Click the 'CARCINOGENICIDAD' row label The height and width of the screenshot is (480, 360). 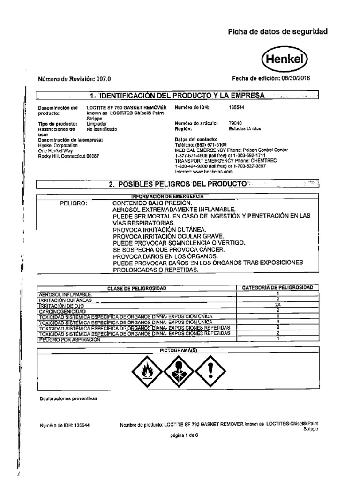62,311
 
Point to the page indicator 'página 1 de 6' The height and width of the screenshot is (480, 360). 185,435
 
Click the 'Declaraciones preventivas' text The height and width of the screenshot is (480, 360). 67,398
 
